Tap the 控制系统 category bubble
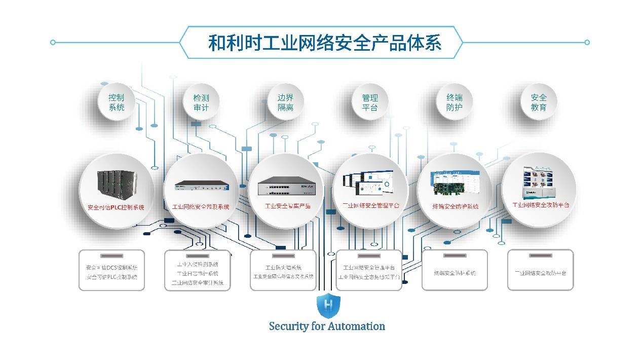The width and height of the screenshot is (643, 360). pos(116,102)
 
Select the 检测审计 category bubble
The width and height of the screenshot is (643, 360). pos(201,102)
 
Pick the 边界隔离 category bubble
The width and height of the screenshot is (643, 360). pos(285,102)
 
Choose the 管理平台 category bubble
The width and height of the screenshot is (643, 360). pos(370,102)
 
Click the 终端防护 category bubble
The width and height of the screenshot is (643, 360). pos(455,102)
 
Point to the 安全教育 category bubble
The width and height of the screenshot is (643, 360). pos(539,102)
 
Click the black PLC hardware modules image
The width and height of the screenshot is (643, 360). pos(117,183)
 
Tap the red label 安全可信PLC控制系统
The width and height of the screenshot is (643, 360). pos(116,207)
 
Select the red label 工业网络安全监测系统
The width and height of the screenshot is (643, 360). pos(201,207)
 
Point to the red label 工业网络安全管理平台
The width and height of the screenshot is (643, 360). pos(370,206)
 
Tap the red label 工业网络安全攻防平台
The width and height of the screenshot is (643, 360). pos(541,205)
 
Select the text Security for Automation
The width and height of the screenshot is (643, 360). pos(327,326)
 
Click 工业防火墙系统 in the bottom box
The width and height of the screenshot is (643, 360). pos(283,267)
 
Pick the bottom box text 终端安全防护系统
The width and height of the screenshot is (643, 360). pos(455,273)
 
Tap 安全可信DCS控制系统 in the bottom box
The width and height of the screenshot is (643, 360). pos(111,267)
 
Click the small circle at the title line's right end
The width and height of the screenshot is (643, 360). pos(587,43)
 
